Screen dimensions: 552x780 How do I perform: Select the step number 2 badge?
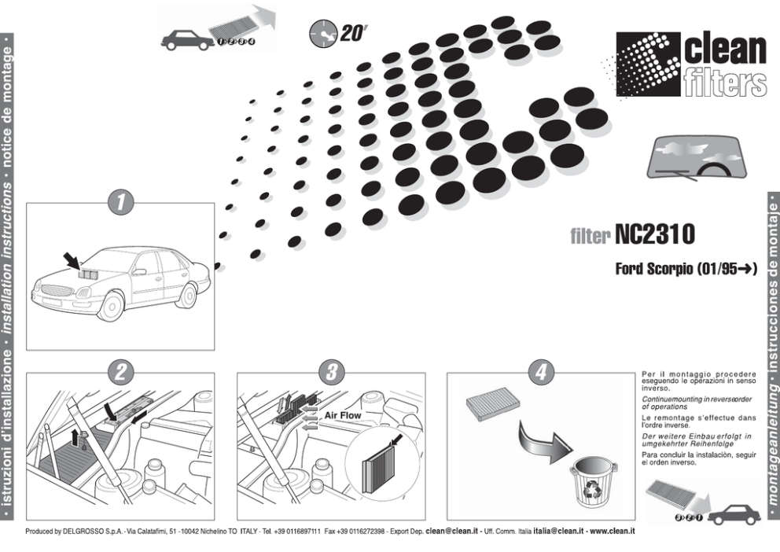(x=120, y=374)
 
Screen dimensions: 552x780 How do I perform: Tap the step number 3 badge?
(x=331, y=374)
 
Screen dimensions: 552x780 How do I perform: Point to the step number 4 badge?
(x=540, y=374)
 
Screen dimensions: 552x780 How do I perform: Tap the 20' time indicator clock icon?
(x=322, y=32)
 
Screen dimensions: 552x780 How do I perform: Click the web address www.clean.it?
(x=612, y=531)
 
